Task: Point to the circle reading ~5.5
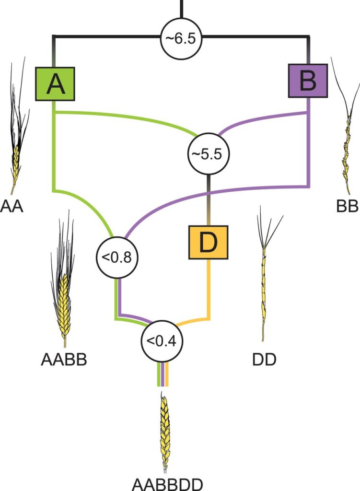pyautogui.click(x=208, y=153)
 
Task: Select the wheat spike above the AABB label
pyautogui.click(x=62, y=288)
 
